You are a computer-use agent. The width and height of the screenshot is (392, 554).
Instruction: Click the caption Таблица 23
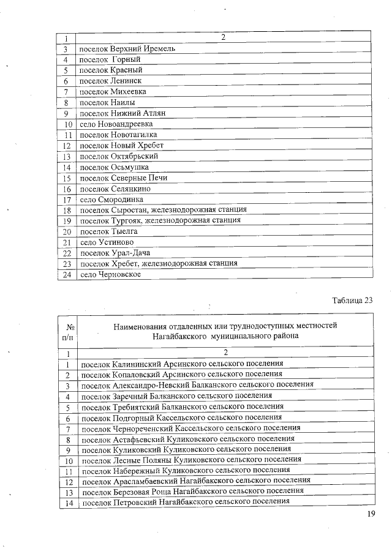pos(352,300)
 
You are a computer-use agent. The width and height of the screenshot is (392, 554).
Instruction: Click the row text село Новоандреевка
pos(116,124)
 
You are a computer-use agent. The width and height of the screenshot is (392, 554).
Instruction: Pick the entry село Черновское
pos(110,274)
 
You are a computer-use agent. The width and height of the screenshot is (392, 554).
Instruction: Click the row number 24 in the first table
pos(67,274)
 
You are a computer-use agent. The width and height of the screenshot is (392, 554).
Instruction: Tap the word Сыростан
pos(129,210)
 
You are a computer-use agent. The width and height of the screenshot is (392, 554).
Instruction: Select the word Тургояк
pos(127,220)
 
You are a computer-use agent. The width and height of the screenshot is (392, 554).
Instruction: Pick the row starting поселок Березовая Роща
pos(192,491)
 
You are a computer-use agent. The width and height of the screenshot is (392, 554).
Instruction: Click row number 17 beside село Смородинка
pos(67,200)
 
